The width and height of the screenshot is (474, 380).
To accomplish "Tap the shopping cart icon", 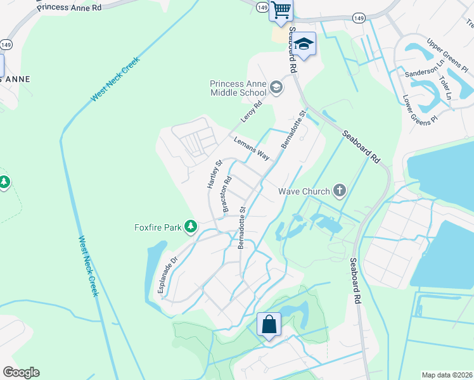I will point(281,10).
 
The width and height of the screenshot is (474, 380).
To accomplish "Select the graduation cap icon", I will point(304,44).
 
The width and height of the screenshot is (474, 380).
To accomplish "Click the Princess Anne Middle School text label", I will point(238,88).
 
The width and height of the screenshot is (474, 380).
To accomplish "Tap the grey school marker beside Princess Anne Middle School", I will point(276,87).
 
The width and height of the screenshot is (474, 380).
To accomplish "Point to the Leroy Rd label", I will point(252,112).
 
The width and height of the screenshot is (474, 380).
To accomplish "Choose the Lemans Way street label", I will point(252,148).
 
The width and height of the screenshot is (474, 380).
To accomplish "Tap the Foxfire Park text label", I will point(157,227).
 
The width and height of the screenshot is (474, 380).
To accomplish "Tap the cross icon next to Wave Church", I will point(340,190).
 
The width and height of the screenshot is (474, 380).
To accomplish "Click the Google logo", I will point(21,372).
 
